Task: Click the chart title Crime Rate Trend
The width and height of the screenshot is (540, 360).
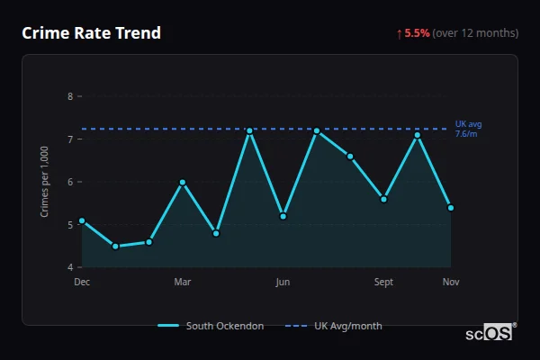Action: (92, 33)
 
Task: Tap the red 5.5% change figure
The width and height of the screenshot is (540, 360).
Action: (417, 33)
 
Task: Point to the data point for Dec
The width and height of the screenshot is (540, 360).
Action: (82, 220)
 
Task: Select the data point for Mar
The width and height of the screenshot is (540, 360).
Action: (183, 182)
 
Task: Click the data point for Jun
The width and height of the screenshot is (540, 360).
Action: (283, 216)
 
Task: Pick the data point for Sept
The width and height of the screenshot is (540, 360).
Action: (383, 199)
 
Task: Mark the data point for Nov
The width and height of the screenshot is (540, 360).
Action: (450, 208)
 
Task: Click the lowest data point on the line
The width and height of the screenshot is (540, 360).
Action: (115, 246)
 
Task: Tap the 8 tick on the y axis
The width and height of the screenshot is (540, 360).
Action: (70, 96)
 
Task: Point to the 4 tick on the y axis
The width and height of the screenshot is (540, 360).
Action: (70, 267)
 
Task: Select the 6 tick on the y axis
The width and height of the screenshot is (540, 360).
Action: (70, 182)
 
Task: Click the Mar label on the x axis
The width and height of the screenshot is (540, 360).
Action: (183, 283)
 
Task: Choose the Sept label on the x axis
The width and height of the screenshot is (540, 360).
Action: (383, 283)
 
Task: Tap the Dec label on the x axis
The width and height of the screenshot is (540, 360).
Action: (82, 283)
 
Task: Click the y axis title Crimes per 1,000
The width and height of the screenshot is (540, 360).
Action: (44, 182)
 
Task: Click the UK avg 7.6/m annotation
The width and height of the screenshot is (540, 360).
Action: (469, 129)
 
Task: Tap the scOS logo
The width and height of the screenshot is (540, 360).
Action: (490, 333)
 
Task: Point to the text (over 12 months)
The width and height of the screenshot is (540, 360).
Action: (475, 33)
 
